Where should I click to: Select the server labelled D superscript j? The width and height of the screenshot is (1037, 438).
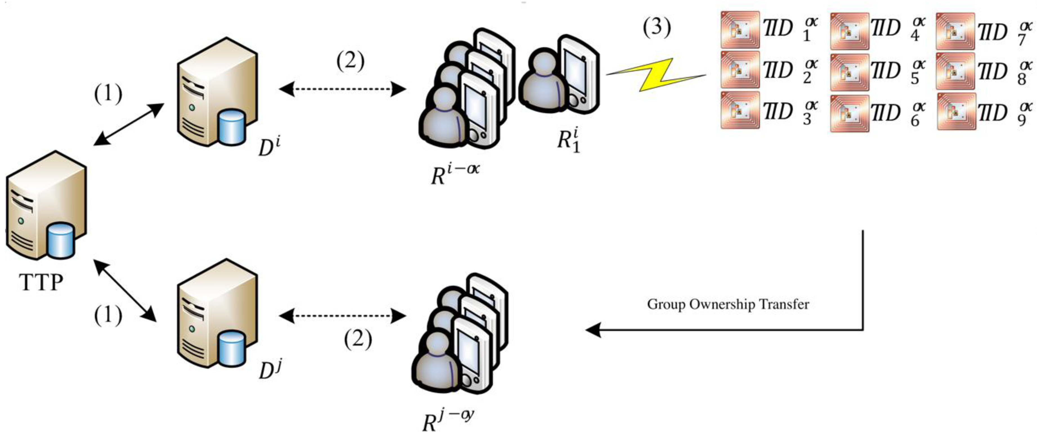pyautogui.click(x=217, y=313)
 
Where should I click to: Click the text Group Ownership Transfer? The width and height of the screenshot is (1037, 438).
pyautogui.click(x=728, y=304)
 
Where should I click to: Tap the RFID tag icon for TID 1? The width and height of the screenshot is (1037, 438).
pyautogui.click(x=740, y=30)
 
